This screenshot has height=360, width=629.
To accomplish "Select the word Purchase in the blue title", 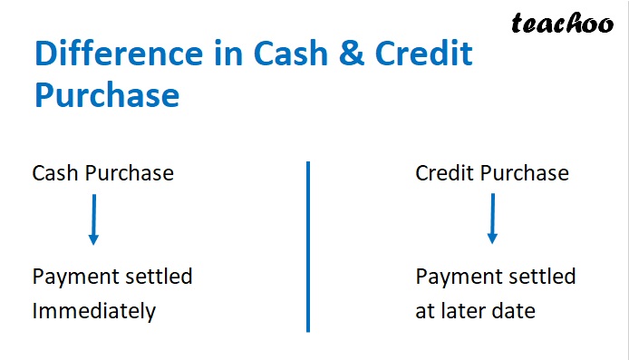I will [x=107, y=94].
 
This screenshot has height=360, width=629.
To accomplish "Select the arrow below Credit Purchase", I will [x=492, y=219].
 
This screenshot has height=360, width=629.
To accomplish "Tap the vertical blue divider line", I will [x=308, y=247].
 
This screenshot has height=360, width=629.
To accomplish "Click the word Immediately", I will [x=94, y=311].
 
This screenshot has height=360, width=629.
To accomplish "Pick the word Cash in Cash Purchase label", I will [x=55, y=173].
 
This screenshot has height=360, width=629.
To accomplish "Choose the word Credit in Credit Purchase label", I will [x=445, y=173].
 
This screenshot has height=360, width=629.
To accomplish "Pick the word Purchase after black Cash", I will [x=130, y=173].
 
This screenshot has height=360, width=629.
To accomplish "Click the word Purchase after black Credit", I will [x=527, y=173].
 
